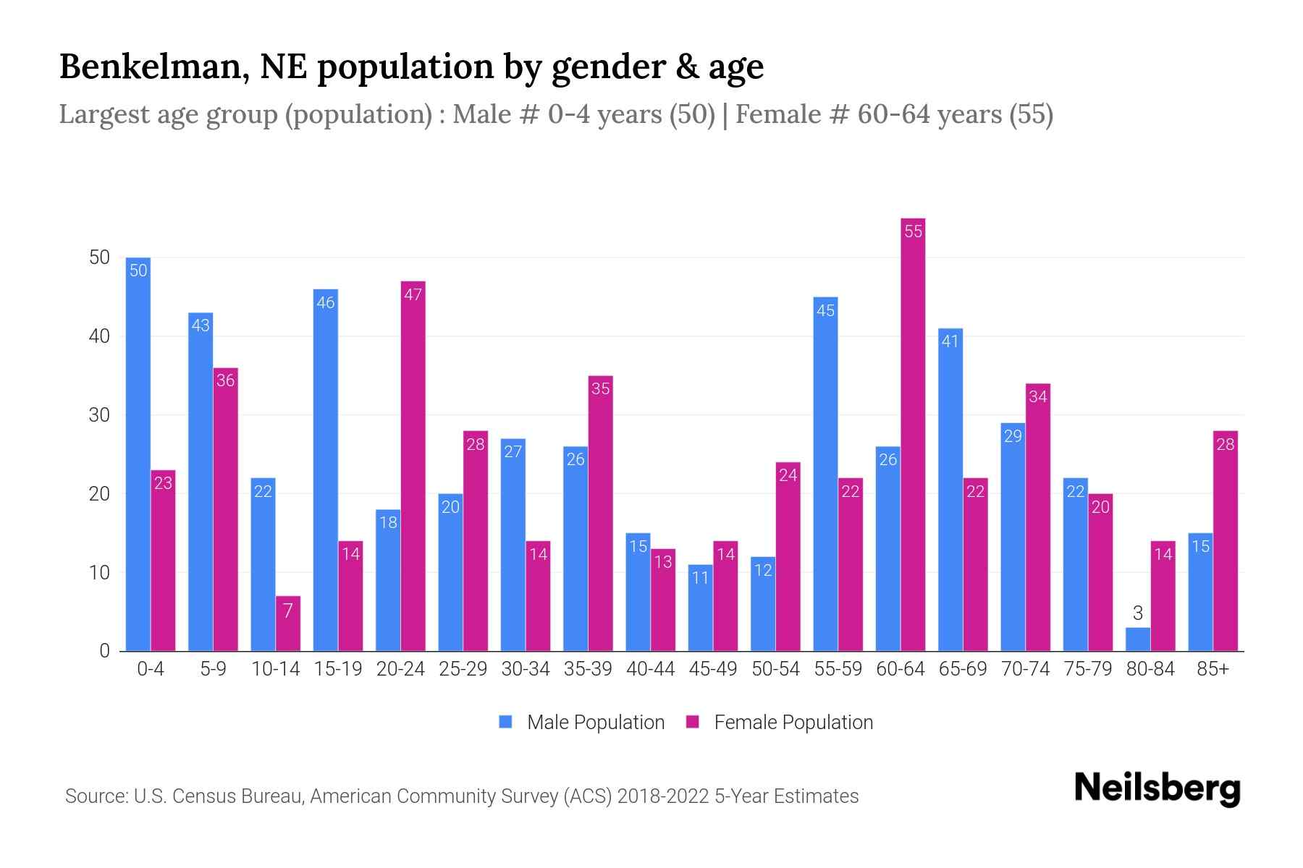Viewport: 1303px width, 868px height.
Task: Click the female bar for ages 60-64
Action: point(913,434)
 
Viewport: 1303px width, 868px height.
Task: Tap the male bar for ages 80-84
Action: point(1137,639)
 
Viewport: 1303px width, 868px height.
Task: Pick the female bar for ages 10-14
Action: point(287,624)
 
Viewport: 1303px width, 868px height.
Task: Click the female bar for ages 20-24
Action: point(413,466)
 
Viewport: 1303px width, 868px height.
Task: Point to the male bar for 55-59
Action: point(825,474)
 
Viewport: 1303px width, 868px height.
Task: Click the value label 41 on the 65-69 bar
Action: point(950,341)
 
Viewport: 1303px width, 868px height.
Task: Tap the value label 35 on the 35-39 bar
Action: point(600,388)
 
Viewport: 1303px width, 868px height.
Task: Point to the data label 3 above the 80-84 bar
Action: point(1137,613)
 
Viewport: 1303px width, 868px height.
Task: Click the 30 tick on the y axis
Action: point(99,415)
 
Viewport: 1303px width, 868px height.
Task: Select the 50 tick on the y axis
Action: point(99,258)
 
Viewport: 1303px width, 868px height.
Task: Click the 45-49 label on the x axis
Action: point(712,669)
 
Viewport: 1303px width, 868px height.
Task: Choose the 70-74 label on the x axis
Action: point(1025,669)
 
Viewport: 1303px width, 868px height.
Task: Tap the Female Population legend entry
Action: point(780,722)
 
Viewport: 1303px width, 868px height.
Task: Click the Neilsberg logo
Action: point(1157,788)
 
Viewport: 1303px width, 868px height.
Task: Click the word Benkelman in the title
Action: point(153,67)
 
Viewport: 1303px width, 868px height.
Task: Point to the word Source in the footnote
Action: point(95,796)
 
